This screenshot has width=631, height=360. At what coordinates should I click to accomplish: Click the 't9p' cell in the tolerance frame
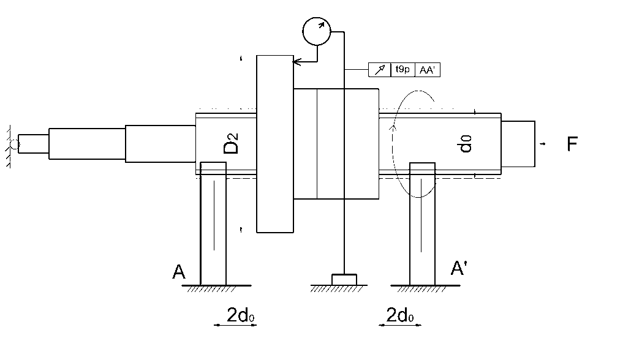402,70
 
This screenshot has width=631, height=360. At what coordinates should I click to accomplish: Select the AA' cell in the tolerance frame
428,70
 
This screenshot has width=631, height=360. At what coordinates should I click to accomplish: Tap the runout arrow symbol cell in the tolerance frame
379,70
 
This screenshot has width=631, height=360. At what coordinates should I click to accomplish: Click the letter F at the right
572,144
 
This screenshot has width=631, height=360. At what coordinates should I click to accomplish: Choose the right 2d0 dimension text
399,315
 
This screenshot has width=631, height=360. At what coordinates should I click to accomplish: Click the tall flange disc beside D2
275,144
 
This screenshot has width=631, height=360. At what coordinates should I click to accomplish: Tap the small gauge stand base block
344,280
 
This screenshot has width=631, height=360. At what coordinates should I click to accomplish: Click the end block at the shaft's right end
518,144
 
